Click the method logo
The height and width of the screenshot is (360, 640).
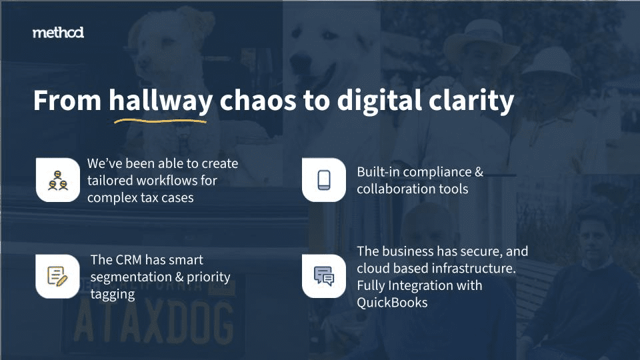pyautogui.click(x=59, y=33)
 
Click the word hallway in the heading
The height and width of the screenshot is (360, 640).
pyautogui.click(x=161, y=101)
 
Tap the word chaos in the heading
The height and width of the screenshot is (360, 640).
pyautogui.click(x=258, y=101)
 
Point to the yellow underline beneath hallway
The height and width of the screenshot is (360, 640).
pyautogui.click(x=161, y=121)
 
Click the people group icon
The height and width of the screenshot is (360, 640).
pyautogui.click(x=58, y=181)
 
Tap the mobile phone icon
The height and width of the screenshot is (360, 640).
pyautogui.click(x=324, y=180)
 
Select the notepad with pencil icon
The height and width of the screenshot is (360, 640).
pyautogui.click(x=57, y=276)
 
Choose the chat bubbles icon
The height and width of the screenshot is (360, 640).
pyautogui.click(x=324, y=276)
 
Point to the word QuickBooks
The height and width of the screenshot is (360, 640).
pyautogui.click(x=392, y=303)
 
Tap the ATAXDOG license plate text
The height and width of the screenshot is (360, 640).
pyautogui.click(x=154, y=323)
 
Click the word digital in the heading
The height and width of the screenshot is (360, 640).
pyautogui.click(x=379, y=101)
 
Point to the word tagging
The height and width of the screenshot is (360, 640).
pyautogui.click(x=113, y=295)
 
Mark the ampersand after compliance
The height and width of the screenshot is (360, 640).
pyautogui.click(x=479, y=172)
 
